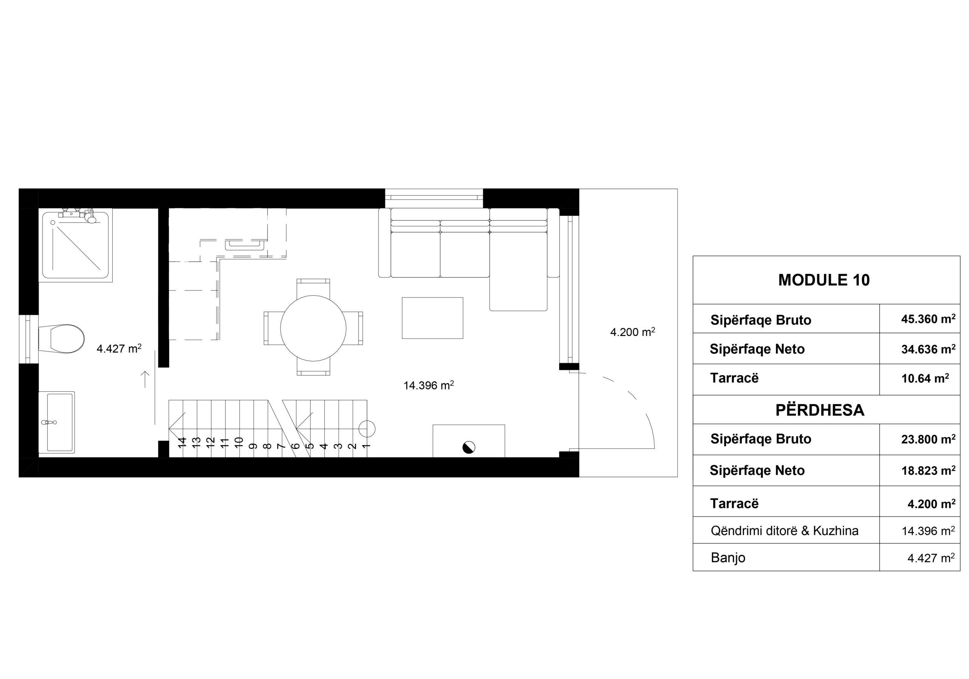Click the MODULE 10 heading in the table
click(x=824, y=280)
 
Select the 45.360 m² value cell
click(x=928, y=319)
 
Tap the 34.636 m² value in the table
click(x=928, y=349)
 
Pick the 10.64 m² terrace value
click(x=925, y=378)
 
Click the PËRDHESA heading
click(x=820, y=410)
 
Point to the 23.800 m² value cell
click(x=928, y=439)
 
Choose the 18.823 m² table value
click(x=928, y=470)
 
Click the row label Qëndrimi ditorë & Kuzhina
click(x=785, y=531)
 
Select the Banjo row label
click(x=728, y=558)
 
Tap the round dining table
click(x=313, y=328)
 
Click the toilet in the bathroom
click(x=62, y=338)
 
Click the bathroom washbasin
click(x=56, y=422)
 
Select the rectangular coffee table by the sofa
click(x=432, y=318)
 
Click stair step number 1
click(x=366, y=445)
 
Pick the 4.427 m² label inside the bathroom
click(x=119, y=349)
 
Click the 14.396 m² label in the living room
click(x=429, y=385)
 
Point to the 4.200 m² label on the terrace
click(x=632, y=332)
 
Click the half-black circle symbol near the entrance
click(x=469, y=447)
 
